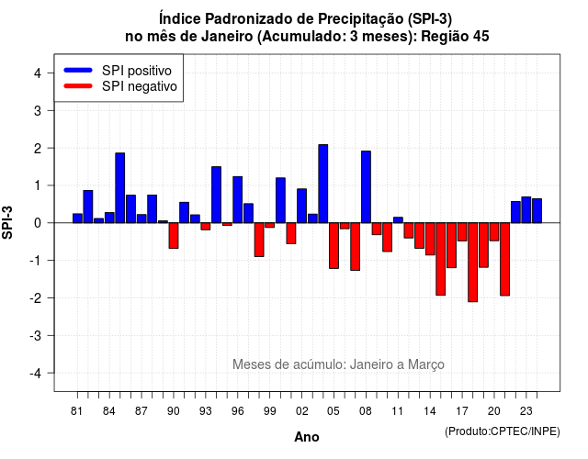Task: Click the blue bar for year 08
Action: pos(366,187)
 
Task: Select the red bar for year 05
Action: pos(334,245)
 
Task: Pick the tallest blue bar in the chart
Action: pos(322,184)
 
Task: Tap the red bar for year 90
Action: pos(174,235)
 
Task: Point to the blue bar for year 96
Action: pos(237,200)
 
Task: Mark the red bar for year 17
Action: pos(462,231)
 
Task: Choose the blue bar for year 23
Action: pos(526,210)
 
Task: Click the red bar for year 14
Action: pos(430,239)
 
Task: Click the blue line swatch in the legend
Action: pos(78,70)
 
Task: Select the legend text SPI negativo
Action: pos(140,86)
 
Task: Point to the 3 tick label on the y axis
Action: pos(38,110)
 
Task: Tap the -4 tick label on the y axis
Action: pos(36,374)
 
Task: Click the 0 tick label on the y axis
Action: pos(38,223)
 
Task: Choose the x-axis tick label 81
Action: pos(77,411)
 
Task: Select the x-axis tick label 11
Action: pos(398,411)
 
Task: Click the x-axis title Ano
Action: pos(307,437)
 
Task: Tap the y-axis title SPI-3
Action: pos(7,223)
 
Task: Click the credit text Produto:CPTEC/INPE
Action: pos(503,431)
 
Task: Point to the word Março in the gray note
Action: pos(426,364)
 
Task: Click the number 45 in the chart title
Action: pos(481,37)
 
